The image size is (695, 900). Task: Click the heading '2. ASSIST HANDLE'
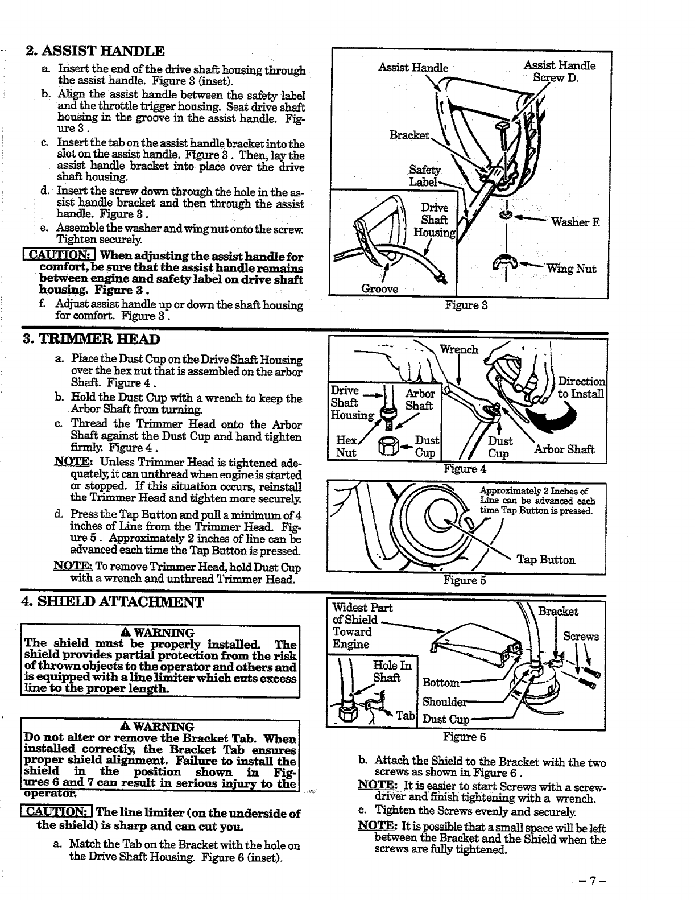(94, 52)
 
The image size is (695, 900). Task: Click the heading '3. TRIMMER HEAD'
(91, 340)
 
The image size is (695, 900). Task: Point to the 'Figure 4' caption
(465, 469)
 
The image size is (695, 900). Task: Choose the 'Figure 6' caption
(465, 737)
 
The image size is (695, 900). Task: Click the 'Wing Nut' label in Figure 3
(571, 269)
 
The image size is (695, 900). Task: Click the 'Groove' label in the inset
(379, 288)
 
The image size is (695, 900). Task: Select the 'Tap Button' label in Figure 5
(545, 560)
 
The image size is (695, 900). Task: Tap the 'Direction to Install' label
(581, 387)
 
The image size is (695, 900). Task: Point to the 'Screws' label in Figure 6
(581, 636)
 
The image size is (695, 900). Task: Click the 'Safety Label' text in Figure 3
(424, 176)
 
